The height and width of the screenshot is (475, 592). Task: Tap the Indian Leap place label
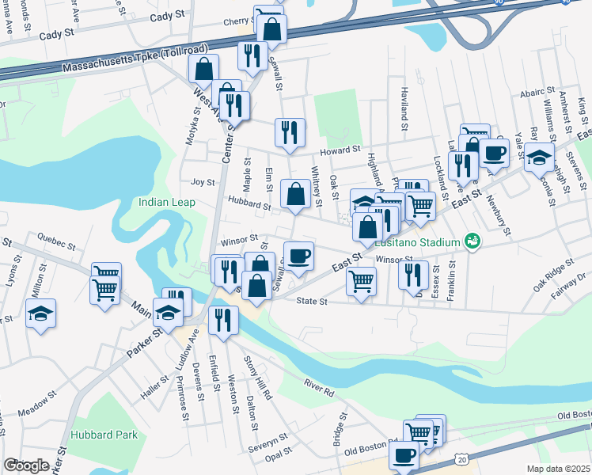(165, 202)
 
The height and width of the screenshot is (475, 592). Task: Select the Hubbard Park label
(104, 435)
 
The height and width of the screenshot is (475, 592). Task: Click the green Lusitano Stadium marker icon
(472, 241)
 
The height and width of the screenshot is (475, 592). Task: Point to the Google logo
(26, 465)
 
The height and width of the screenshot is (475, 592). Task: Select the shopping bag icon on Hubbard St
(295, 193)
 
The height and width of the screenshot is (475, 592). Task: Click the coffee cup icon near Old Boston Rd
(404, 455)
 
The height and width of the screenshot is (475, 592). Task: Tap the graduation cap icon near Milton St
(40, 313)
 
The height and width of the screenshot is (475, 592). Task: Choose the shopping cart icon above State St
(361, 280)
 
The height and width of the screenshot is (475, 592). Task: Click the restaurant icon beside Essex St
(412, 274)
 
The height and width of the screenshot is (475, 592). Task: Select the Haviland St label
(404, 109)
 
